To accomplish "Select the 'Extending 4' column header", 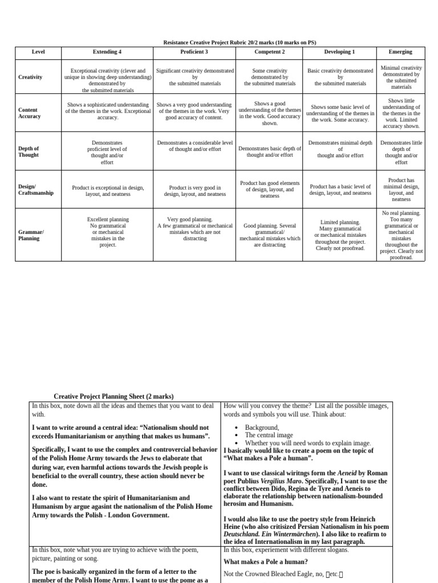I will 107,52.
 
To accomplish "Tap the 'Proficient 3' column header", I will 194,52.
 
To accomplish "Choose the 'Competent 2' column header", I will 270,52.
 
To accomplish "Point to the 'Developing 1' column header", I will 340,52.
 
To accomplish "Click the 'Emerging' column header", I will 400,52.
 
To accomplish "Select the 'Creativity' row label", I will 30,77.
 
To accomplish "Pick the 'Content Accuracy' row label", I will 29,113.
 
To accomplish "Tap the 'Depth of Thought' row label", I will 29,151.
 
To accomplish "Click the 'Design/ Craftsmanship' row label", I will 35,190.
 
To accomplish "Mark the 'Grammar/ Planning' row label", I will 31,235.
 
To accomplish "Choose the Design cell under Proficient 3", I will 194,191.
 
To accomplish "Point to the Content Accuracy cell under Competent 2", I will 270,113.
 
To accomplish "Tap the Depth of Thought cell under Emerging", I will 401,152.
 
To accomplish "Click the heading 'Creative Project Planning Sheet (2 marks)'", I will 113,396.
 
